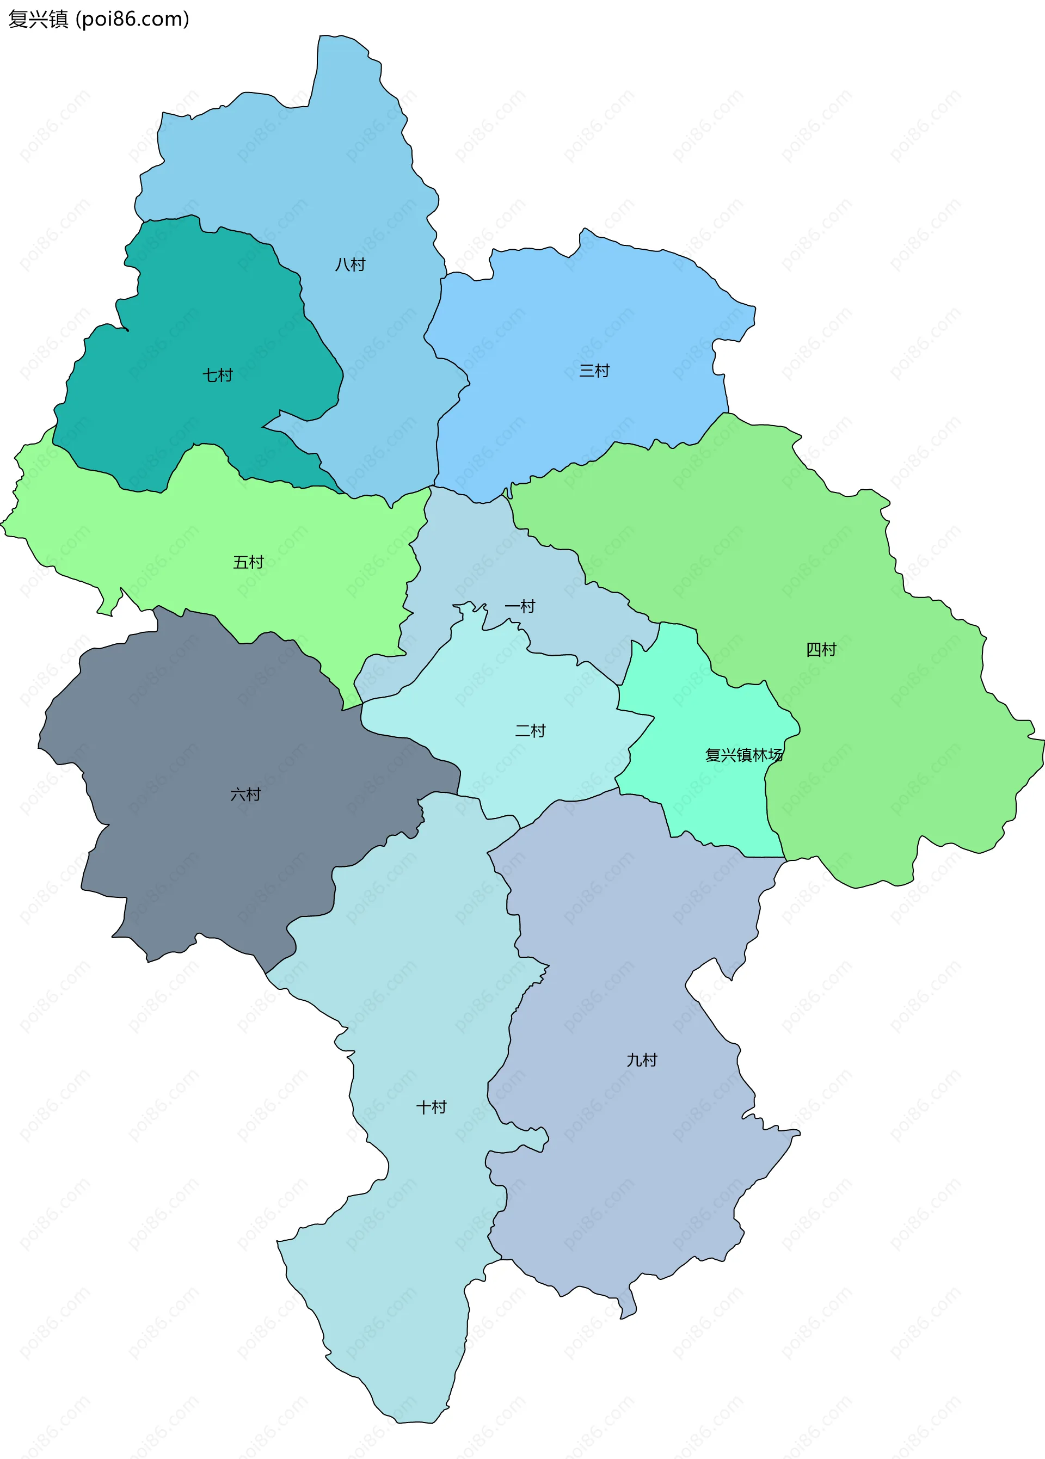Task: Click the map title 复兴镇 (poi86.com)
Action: pos(99,19)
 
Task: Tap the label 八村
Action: pos(350,264)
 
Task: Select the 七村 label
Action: pos(218,375)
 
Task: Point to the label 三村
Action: pos(594,371)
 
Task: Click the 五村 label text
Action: pos(248,562)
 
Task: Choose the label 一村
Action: pos(520,606)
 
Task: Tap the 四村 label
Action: pos(821,650)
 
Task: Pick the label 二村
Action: pos(530,731)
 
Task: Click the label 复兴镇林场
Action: pos(744,755)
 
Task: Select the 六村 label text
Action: pos(246,795)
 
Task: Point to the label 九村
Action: pos(642,1060)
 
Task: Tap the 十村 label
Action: pos(431,1107)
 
